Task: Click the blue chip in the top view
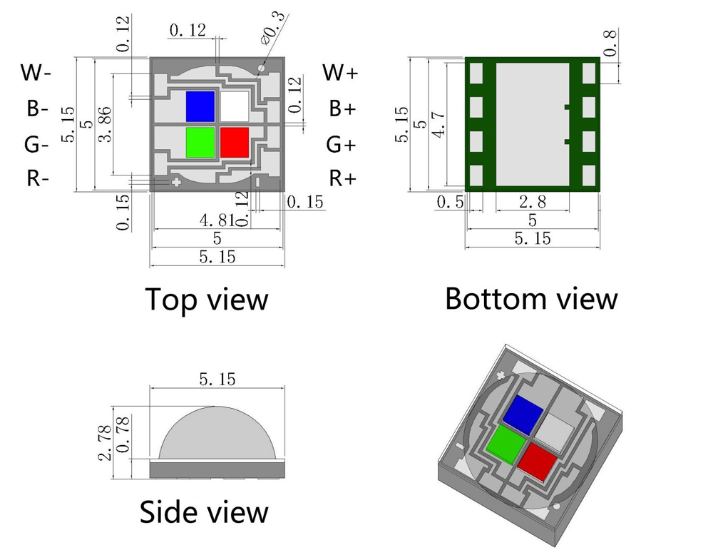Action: tap(200, 106)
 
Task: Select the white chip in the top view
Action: tap(234, 106)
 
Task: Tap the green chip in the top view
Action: tap(200, 142)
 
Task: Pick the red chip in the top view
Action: tap(235, 142)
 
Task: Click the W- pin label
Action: tap(36, 72)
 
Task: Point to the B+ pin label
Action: tap(342, 109)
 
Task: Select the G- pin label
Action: tap(36, 145)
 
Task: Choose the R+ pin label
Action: tap(342, 178)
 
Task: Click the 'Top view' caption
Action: tap(207, 299)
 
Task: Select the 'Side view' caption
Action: tap(204, 511)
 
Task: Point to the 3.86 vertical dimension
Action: tap(104, 125)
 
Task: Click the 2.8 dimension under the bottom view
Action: tap(533, 202)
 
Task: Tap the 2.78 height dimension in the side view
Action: tap(106, 442)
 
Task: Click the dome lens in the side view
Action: tap(217, 435)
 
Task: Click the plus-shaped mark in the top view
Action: tap(175, 183)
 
